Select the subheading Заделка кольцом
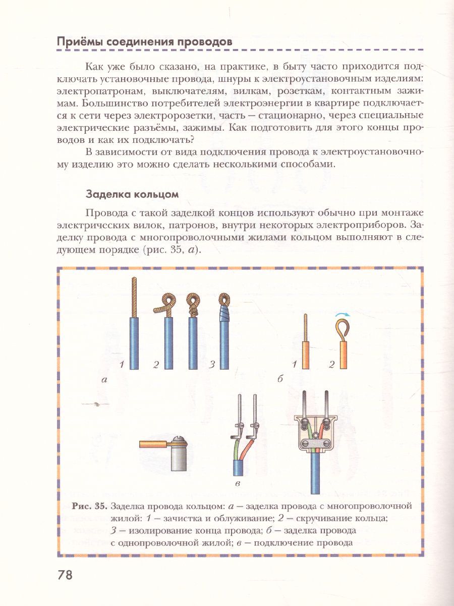pyautogui.click(x=132, y=194)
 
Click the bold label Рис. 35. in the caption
pyautogui.click(x=90, y=506)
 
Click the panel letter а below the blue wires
pyautogui.click(x=104, y=379)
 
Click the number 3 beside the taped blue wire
pyautogui.click(x=212, y=364)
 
